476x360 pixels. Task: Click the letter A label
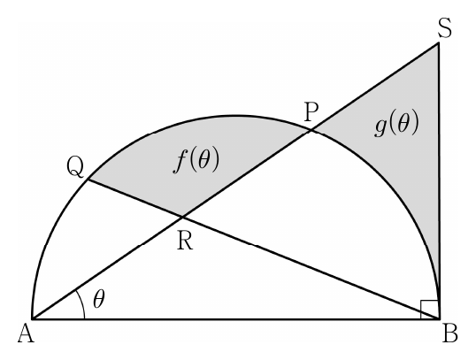pos(26,335)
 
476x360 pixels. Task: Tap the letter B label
pos(449,334)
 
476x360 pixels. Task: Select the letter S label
pos(445,28)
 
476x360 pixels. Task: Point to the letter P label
pos(311,112)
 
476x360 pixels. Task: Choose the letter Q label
pos(75,168)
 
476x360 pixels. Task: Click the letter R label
pos(185,241)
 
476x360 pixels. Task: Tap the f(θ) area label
pos(196,160)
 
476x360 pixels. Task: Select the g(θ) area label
pos(396,124)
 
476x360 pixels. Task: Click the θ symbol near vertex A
pos(99,299)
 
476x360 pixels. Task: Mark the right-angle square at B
pos(429,310)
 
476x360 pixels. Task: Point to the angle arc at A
pos(81,303)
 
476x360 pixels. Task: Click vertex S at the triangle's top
pos(438,43)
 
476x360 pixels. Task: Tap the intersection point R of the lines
pos(183,217)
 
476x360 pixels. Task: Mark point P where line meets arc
pos(311,131)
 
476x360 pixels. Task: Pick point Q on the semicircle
pos(88,180)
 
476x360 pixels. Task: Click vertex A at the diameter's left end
pos(33,319)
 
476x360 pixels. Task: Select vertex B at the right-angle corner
pos(440,319)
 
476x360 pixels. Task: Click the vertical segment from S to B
pos(439,181)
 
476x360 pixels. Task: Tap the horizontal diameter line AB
pos(236,319)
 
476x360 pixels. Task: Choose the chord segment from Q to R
pos(135,198)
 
